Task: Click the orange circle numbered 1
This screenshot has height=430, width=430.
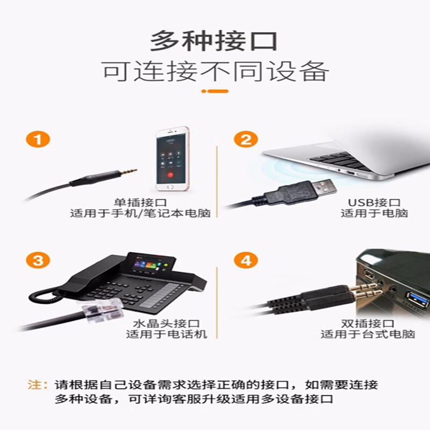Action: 38,139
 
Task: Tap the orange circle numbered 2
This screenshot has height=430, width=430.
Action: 246,139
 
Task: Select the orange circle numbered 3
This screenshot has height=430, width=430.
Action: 38,260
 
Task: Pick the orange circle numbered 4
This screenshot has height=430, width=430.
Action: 246,260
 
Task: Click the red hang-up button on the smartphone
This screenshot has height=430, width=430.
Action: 170,175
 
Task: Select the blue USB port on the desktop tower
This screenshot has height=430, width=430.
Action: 418,299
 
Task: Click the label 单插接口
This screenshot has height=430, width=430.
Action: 140,203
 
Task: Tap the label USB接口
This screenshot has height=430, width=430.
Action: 374,203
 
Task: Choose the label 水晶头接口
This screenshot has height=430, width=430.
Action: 167,324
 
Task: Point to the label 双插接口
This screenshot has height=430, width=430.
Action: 368,324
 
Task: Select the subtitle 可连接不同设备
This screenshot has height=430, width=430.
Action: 216,71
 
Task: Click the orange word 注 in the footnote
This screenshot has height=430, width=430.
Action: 34,385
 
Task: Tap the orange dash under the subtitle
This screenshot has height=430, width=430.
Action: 215,91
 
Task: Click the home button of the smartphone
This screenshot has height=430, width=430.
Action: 170,187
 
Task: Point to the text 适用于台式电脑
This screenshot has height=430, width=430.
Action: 368,334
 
